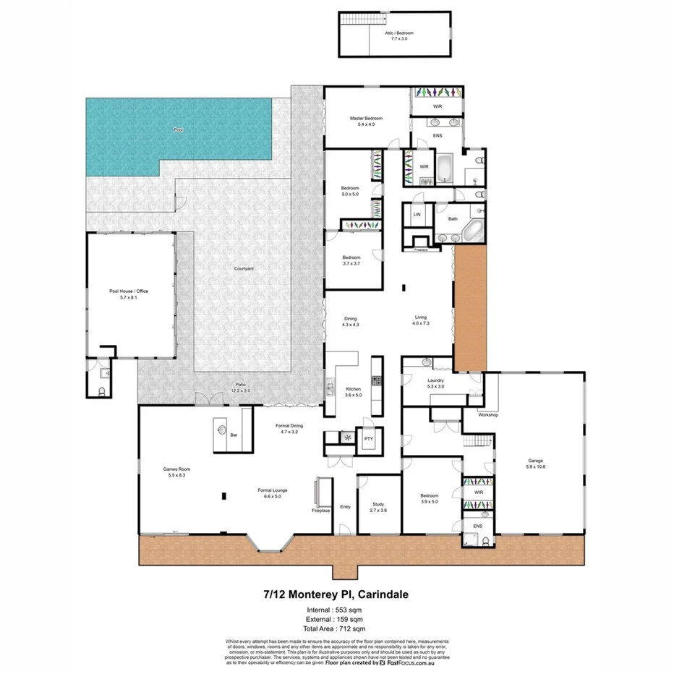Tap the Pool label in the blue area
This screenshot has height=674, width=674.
(x=179, y=131)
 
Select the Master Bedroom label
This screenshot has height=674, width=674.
(x=366, y=121)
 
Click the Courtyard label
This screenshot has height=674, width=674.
(x=244, y=268)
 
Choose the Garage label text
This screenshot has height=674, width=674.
(x=535, y=464)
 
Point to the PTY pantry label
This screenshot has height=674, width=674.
(x=368, y=438)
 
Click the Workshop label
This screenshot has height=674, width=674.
(x=489, y=415)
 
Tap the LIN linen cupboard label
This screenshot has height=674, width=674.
(x=417, y=215)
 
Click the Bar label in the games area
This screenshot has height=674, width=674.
(x=234, y=435)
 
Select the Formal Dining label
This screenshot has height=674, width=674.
(x=289, y=428)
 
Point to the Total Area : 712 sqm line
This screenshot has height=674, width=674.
(x=336, y=628)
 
